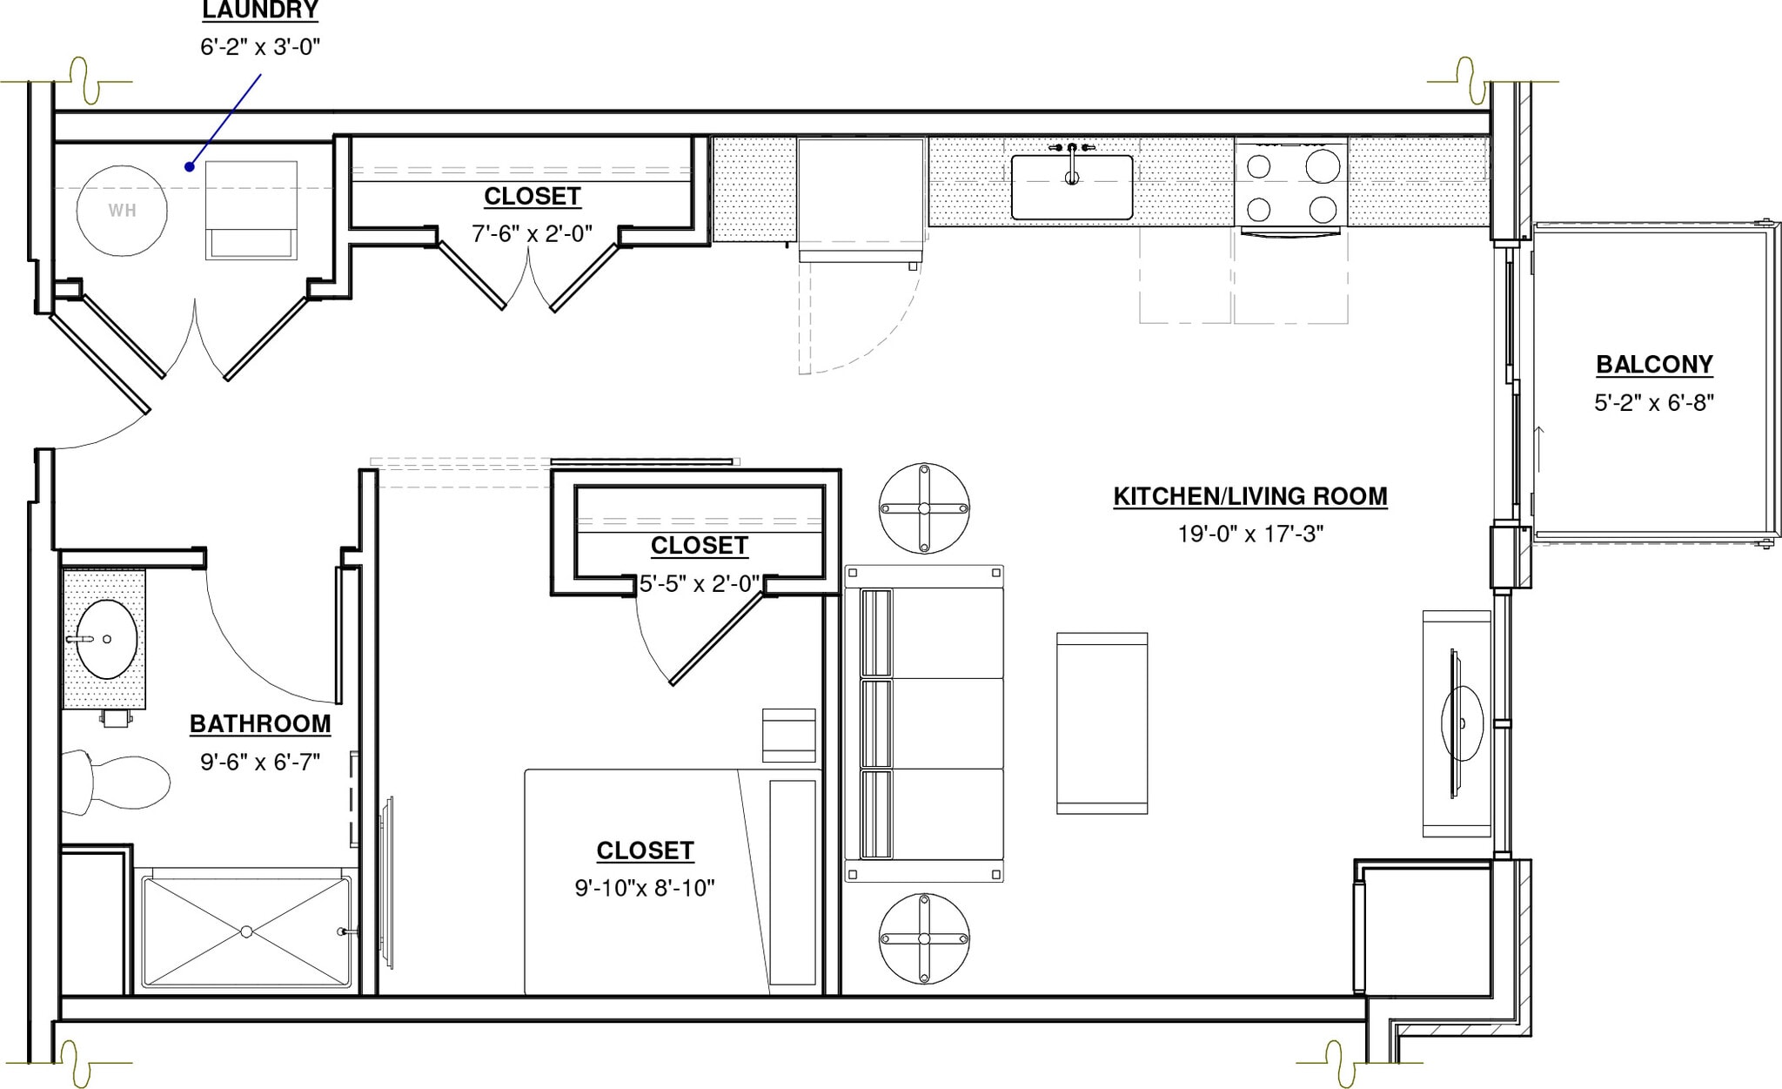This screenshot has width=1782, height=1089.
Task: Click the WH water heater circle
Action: click(122, 210)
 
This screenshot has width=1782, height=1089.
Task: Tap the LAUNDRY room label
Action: click(260, 11)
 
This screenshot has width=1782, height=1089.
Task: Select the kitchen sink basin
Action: click(1071, 187)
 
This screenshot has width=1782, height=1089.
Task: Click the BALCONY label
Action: click(1654, 365)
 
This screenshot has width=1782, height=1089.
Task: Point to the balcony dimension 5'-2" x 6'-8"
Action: click(1654, 403)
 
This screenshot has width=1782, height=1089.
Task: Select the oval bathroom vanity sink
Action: click(106, 639)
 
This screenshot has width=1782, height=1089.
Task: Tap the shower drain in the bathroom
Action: click(246, 931)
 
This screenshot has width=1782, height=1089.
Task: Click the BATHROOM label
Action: click(260, 724)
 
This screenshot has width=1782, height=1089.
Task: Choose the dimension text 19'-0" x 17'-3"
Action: click(1250, 534)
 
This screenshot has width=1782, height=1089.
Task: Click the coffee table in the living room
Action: click(1102, 723)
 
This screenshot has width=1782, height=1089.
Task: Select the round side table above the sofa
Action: click(924, 508)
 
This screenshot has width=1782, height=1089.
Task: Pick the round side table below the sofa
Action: click(924, 938)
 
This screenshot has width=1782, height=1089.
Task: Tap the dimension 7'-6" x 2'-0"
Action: click(532, 233)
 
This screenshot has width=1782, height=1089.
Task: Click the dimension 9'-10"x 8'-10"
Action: click(645, 888)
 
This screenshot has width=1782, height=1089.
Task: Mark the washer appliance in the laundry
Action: click(251, 210)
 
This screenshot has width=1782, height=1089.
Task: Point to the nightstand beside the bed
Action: click(788, 735)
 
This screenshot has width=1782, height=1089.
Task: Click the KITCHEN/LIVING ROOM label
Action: click(1250, 496)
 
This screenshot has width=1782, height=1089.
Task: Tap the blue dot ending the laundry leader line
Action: click(189, 166)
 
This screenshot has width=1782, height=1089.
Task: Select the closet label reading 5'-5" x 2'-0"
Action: click(700, 583)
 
